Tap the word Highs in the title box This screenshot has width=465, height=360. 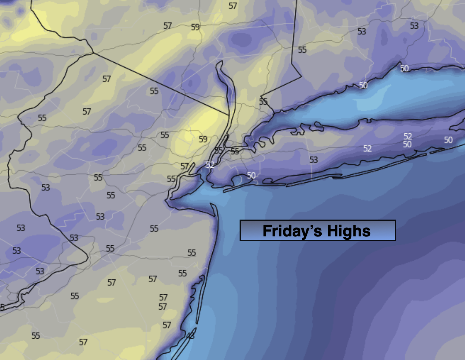pos(349,231)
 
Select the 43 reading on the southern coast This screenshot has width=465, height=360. pos(190,335)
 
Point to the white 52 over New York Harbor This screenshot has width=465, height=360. pos(210,165)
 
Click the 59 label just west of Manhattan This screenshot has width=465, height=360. pos(203,139)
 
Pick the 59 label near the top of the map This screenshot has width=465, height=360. pos(195,27)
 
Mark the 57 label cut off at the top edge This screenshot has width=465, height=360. pos(233,6)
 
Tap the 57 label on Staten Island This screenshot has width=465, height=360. pos(184,166)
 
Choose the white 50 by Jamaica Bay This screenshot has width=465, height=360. pos(251,175)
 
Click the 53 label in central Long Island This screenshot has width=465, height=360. pos(313,160)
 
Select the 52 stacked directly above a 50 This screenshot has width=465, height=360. pos(408,137)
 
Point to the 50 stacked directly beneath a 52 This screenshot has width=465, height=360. pos(407,144)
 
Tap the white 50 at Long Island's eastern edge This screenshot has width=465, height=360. pos(448,140)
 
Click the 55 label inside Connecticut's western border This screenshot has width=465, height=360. pos(302,50)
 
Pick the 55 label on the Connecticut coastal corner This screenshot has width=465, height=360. pos(263,101)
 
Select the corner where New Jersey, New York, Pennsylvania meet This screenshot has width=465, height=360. pos(93,53)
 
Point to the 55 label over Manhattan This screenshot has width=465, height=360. pos(219,150)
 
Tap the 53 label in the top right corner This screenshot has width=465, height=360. pos(414,26)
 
